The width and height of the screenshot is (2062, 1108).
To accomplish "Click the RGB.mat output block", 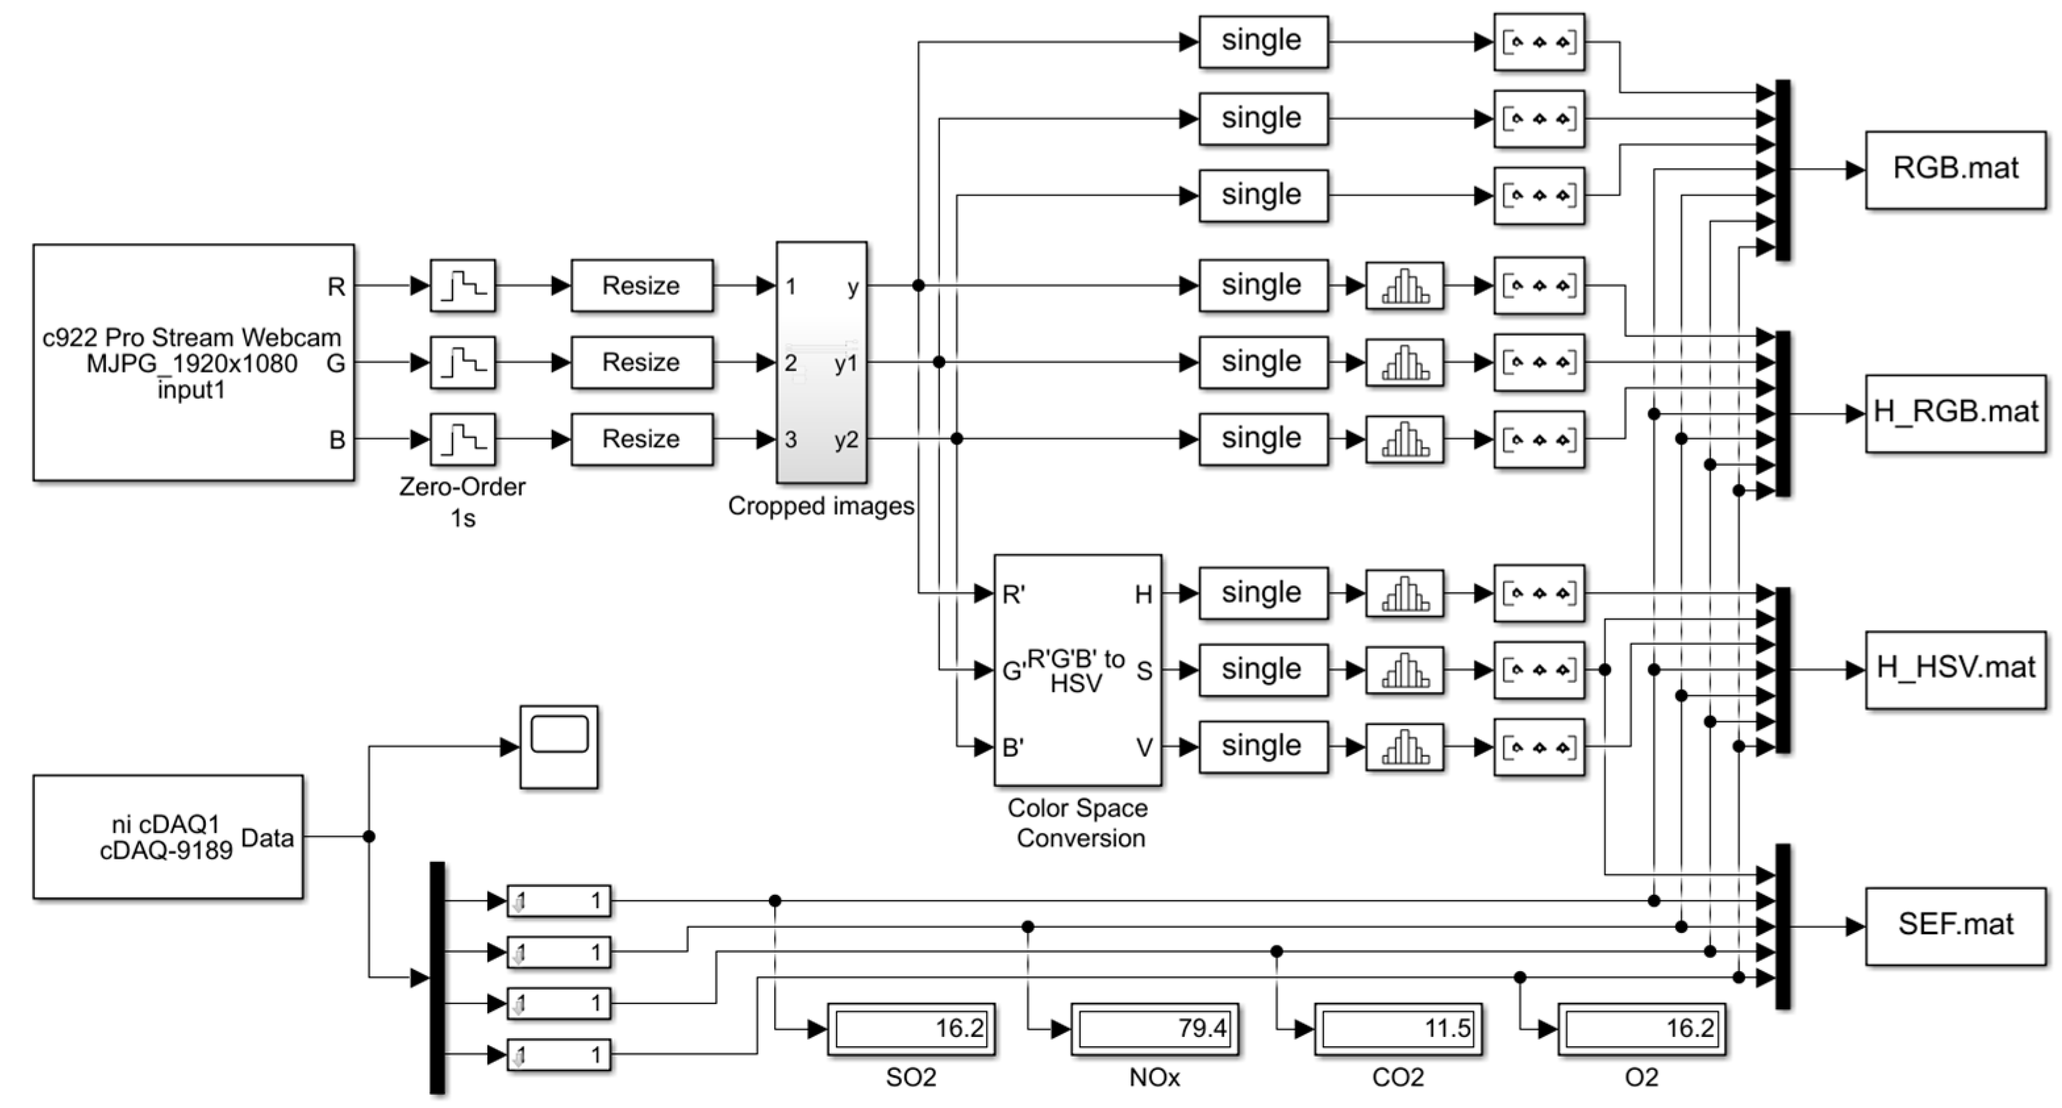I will [1955, 170].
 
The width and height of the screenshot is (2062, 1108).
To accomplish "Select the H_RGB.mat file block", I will [1955, 413].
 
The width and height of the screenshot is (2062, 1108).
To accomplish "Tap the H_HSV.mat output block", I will [1955, 669].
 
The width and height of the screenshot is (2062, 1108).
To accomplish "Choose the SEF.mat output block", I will [1955, 926].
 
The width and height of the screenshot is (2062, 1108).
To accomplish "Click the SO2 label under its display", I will [910, 1078].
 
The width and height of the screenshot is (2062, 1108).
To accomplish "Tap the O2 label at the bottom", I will [1641, 1078].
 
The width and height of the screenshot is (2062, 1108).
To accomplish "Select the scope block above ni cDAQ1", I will [558, 746].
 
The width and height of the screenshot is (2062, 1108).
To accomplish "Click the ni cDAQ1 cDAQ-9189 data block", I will [168, 837].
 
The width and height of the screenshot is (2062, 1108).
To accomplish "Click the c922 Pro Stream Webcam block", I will [193, 362].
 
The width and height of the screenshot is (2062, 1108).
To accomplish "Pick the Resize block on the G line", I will [641, 363].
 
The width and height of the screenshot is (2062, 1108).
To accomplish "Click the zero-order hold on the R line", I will [462, 286].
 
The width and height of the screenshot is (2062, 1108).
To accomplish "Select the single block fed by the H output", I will [1262, 593].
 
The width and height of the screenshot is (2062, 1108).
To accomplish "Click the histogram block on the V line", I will [1404, 747].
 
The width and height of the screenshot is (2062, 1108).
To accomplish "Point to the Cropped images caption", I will [820, 506].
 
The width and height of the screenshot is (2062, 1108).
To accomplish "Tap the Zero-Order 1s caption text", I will [462, 502].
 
